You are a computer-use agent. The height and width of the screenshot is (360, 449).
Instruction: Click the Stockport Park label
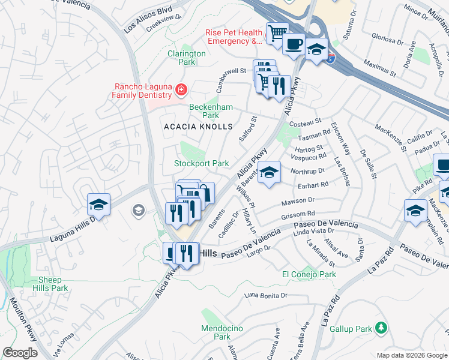coord(201,163)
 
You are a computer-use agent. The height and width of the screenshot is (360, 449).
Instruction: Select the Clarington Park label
coord(186,58)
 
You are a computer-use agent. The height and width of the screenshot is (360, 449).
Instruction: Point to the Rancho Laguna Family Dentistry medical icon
coord(181,91)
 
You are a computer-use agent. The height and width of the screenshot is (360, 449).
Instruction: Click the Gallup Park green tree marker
coord(379,328)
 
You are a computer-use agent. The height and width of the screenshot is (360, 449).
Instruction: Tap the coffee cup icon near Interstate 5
coord(294,44)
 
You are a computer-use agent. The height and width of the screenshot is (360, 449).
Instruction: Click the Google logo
coord(19,353)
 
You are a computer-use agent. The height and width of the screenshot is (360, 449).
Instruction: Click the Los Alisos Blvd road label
coord(148,20)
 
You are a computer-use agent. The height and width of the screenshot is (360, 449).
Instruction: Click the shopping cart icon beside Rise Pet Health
coord(277,32)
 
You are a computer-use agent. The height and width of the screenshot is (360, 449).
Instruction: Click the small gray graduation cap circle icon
coord(138,210)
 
